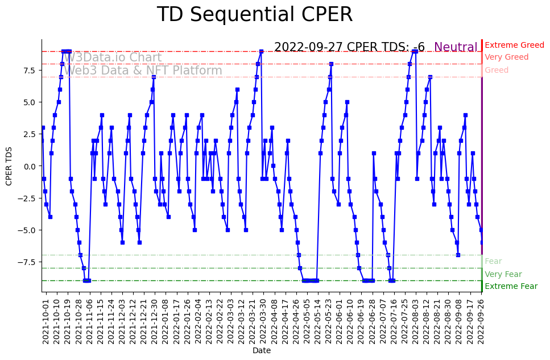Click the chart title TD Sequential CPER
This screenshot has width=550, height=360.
tap(254, 15)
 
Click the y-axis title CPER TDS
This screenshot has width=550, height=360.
tap(9, 165)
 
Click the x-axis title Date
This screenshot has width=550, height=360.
tap(262, 351)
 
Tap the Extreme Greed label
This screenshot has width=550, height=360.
tap(514, 45)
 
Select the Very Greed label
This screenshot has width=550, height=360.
tap(506, 57)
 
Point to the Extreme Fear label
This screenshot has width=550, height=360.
tap(511, 287)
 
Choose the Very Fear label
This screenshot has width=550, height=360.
tap(503, 274)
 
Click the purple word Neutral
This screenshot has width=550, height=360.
tap(456, 47)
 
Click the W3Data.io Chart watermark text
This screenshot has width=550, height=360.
tap(112, 57)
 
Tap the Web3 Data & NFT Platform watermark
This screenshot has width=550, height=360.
tap(142, 71)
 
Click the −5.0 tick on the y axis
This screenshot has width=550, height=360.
tap(27, 230)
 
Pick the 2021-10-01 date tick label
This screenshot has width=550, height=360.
tap(46, 322)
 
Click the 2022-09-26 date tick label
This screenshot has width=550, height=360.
tap(481, 322)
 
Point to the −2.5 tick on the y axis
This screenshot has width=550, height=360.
tap(27, 198)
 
